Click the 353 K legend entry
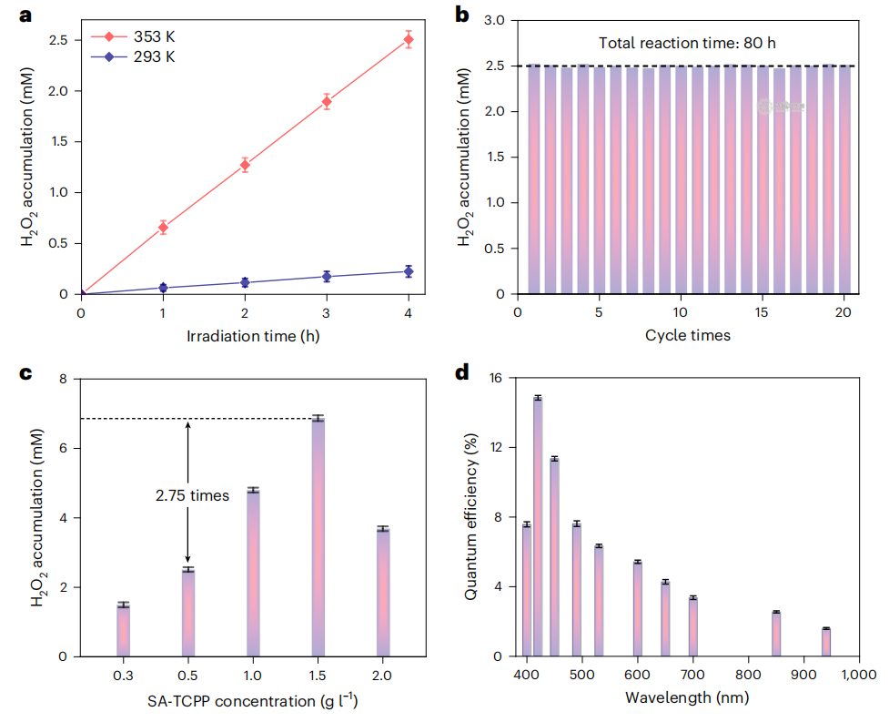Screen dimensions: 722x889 pos(136,36)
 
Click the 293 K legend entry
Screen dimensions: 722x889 pos(136,56)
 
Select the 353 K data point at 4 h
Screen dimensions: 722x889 pos(409,38)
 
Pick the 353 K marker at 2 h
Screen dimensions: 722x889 pos(245,165)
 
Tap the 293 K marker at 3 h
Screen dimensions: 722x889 pos(327,276)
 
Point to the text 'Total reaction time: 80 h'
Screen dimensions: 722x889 pos(686,43)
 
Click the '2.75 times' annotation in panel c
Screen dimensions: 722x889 pos(191,495)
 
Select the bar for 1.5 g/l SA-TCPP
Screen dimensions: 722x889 pos(318,537)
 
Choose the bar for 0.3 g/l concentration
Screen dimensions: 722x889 pos(123,630)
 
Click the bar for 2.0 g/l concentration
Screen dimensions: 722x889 pos(384,592)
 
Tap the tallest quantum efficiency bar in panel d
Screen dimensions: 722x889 pos(538,526)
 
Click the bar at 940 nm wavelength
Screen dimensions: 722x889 pos(826,642)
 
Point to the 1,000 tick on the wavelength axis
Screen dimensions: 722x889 pos(860,676)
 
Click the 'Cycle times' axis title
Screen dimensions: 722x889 pos(687,336)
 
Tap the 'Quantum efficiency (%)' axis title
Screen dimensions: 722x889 pos(471,517)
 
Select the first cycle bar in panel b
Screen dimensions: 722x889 pos(534,179)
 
